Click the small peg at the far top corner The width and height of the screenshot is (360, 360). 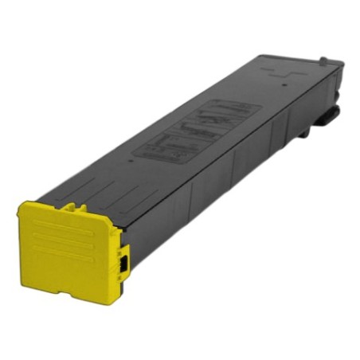[323, 60]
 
